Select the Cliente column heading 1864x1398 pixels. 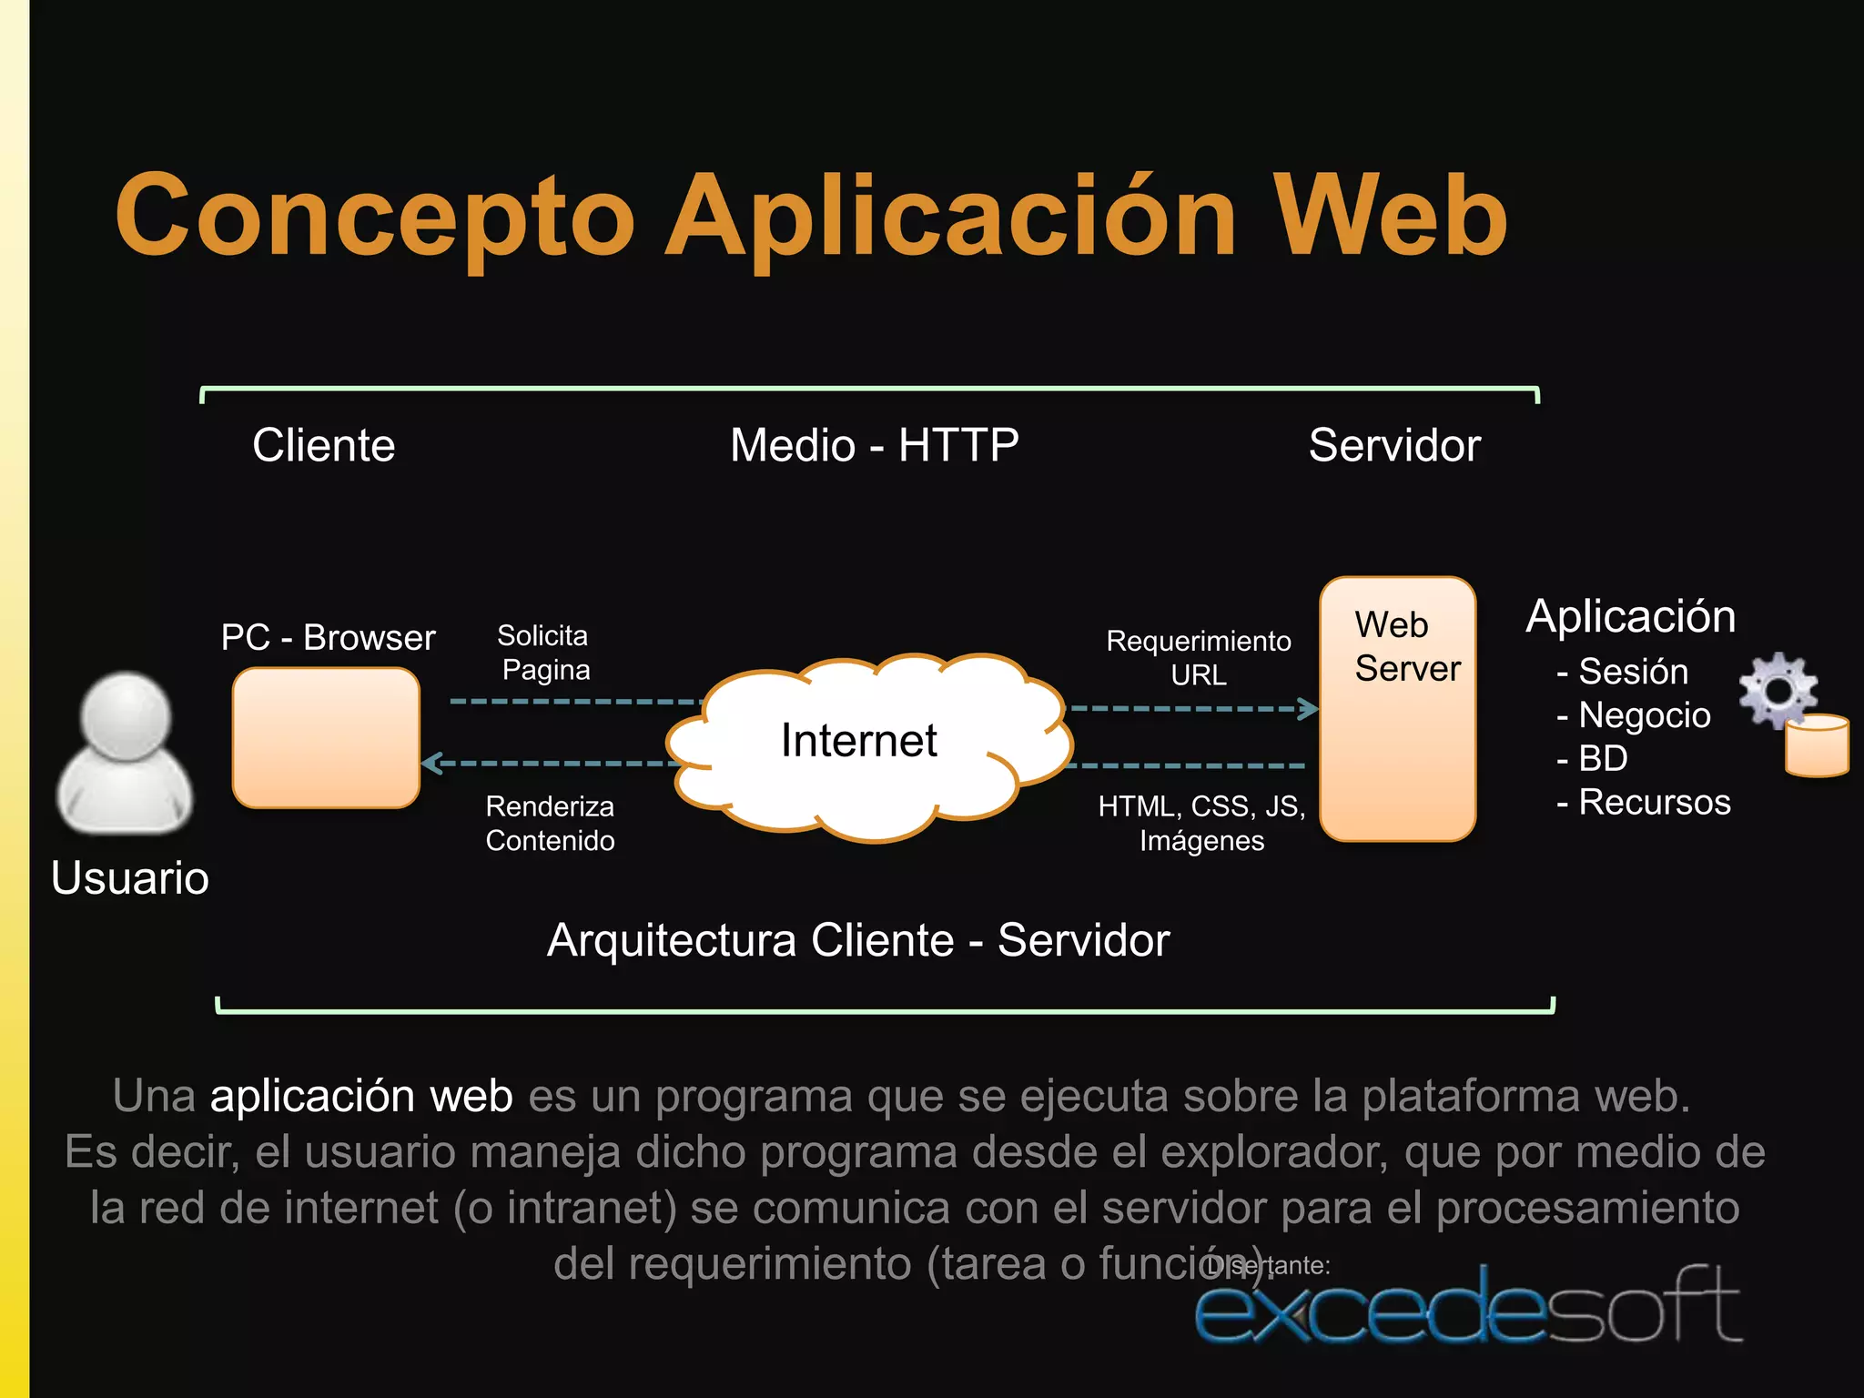click(324, 445)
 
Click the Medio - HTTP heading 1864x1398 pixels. click(874, 445)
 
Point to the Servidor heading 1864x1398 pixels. click(1394, 445)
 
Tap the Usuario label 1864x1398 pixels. click(130, 878)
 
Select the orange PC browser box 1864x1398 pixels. click(326, 738)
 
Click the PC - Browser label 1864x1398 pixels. click(328, 637)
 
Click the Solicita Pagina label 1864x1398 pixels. click(544, 653)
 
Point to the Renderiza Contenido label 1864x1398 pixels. click(550, 823)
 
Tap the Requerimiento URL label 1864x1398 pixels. click(1199, 657)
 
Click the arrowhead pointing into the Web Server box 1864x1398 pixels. click(1309, 708)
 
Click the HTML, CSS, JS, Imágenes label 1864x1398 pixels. click(1201, 823)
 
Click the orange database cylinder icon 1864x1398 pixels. click(1817, 746)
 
